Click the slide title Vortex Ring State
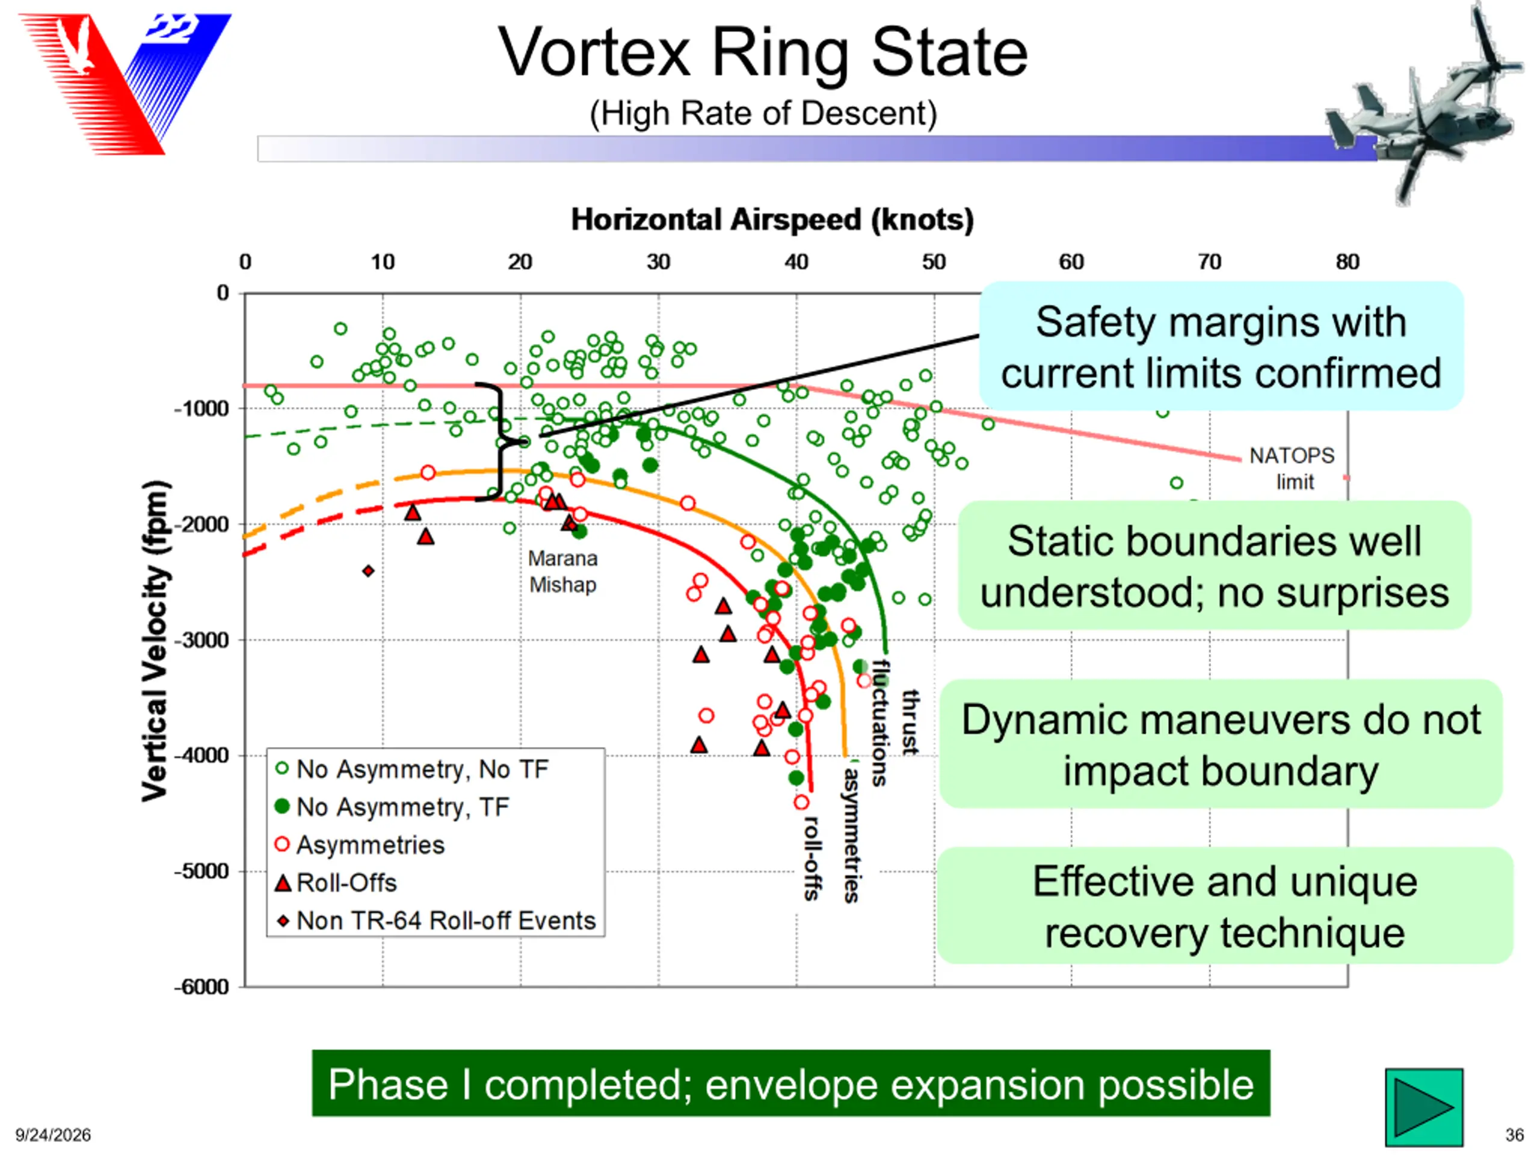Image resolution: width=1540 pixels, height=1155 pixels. point(763,53)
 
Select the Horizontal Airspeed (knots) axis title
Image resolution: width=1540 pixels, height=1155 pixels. point(772,220)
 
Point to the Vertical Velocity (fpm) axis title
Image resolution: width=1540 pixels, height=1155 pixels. point(155,641)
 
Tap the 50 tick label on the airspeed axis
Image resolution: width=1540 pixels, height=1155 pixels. point(934,262)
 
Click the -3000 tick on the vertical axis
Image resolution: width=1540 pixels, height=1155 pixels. point(201,640)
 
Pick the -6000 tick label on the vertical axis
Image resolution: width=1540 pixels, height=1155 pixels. point(201,987)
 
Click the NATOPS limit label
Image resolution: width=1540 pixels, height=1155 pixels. point(1292,469)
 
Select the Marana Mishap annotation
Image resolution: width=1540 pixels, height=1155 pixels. point(562,571)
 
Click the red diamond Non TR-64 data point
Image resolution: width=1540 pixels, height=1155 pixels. point(368,571)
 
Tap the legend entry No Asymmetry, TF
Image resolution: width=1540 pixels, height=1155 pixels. point(393,807)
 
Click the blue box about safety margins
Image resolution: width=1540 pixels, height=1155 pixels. point(1221,346)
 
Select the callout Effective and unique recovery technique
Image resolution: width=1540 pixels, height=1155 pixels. point(1225,906)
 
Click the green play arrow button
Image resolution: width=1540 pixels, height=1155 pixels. point(1424,1107)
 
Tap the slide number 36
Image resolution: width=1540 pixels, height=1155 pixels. point(1514,1135)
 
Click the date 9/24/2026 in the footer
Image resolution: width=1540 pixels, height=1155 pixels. point(53,1135)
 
